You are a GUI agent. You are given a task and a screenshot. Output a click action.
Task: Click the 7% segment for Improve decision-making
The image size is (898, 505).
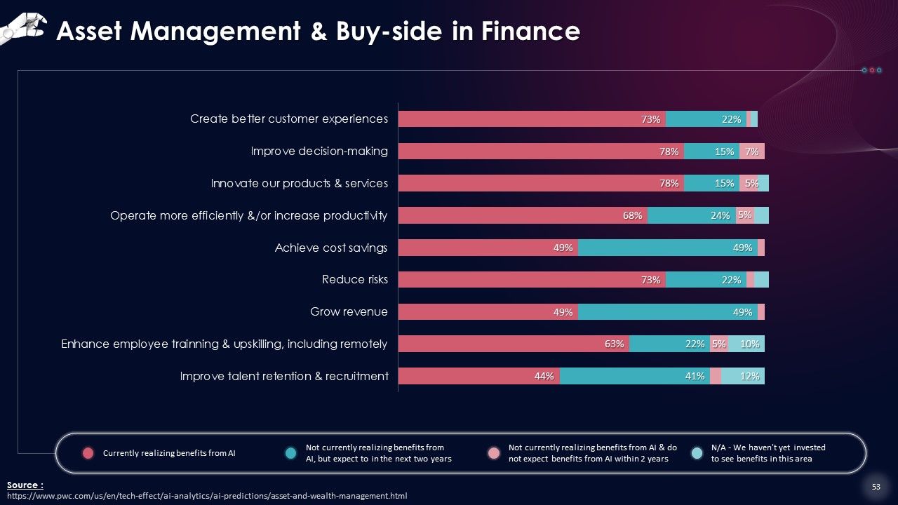pos(751,151)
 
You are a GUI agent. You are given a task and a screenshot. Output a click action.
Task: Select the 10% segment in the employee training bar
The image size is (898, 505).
pos(746,344)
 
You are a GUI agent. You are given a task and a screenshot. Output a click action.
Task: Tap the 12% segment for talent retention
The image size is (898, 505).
pos(742,376)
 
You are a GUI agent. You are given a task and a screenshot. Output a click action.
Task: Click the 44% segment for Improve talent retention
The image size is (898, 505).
pos(479,376)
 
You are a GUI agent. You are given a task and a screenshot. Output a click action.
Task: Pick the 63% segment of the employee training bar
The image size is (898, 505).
pos(514,344)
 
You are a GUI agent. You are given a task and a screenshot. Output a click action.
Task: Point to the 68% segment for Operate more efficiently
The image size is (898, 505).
pos(523,215)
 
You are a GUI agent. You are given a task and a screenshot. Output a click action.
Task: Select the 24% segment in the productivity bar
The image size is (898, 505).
pos(692,215)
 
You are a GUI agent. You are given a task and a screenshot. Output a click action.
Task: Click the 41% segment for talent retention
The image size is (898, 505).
pos(635,376)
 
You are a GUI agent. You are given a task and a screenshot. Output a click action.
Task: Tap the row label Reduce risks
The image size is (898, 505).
pos(355,279)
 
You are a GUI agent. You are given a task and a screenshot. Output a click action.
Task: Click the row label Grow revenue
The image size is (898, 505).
pos(349,312)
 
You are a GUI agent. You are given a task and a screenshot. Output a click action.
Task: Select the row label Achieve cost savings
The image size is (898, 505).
pos(330,248)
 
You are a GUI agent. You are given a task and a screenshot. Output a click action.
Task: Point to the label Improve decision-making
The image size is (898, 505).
pos(319,151)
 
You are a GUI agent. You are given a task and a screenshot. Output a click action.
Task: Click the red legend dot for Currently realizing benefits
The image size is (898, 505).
pos(88,453)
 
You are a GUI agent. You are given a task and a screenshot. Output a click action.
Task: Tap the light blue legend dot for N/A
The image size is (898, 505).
pos(697,453)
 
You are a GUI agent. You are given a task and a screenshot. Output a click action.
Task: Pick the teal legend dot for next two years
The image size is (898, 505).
pos(290,453)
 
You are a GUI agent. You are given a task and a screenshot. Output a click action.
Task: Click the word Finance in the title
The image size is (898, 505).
pos(530,31)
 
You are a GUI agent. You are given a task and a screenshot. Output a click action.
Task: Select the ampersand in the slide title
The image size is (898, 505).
pos(319,32)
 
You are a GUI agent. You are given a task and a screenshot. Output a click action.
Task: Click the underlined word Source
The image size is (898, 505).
pos(25,485)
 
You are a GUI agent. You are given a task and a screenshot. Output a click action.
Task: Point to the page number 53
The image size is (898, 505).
pos(876,487)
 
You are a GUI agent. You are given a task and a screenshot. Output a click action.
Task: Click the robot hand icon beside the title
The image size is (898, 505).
pos(23,28)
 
